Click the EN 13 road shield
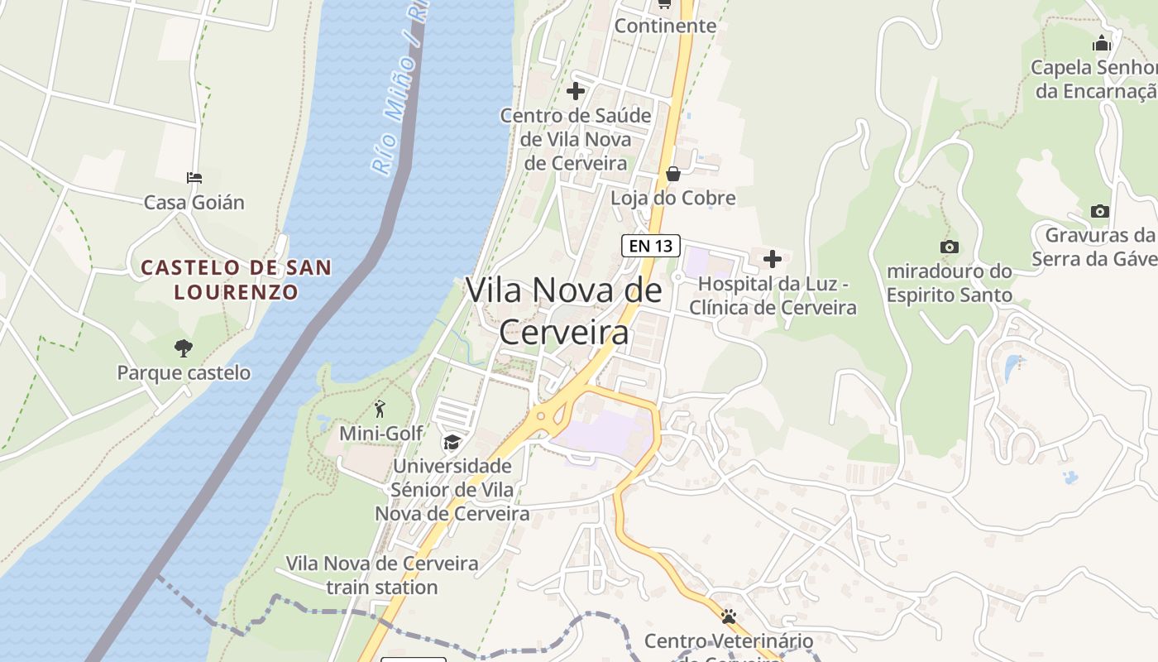[650, 246]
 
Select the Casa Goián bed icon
[194, 178]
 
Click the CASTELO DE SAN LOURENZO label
[236, 279]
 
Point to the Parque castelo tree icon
[184, 348]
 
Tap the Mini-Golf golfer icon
[380, 409]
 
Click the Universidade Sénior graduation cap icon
[452, 443]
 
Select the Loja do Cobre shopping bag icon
[673, 174]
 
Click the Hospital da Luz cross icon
[772, 260]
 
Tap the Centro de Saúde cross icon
[576, 91]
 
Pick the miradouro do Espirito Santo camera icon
[950, 247]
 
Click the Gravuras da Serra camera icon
[1099, 211]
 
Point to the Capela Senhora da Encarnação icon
[1102, 43]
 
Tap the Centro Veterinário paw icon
[729, 616]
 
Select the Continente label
[665, 26]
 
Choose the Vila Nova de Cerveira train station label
[382, 575]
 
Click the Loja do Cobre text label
[673, 199]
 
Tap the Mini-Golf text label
[381, 433]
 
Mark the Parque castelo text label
[184, 372]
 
